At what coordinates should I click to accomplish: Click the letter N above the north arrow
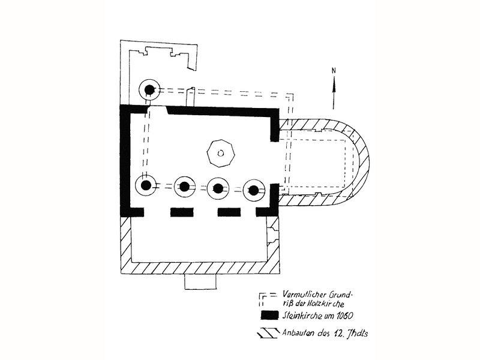(334, 71)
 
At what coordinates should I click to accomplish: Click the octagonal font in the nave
(221, 154)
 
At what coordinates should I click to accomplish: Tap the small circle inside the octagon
(220, 153)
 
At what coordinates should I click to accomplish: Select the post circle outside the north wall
(149, 90)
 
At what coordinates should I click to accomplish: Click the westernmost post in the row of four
(146, 185)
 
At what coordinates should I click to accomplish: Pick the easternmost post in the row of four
(254, 190)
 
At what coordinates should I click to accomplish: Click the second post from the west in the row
(185, 187)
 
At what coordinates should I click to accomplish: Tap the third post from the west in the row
(218, 188)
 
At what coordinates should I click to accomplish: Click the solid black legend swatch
(269, 316)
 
